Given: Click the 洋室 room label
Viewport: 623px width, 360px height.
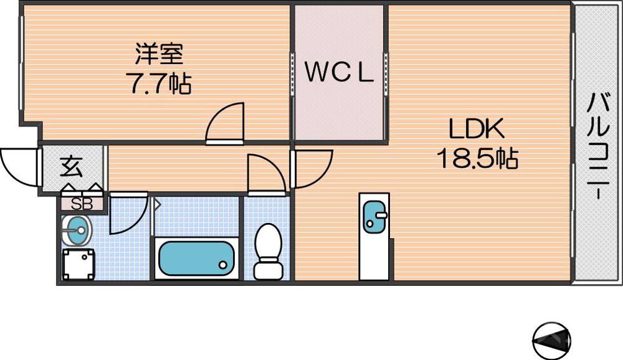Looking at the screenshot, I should [159, 54].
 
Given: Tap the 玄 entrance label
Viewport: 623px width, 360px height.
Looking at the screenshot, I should [70, 167].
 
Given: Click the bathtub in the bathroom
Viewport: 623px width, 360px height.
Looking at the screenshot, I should [196, 258].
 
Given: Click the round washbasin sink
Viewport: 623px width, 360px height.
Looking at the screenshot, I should [77, 231].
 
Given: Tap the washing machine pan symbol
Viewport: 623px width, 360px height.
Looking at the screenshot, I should [78, 265].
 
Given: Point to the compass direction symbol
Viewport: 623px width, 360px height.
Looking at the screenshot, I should [552, 341].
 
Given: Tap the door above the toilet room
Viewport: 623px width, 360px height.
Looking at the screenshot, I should [266, 173].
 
